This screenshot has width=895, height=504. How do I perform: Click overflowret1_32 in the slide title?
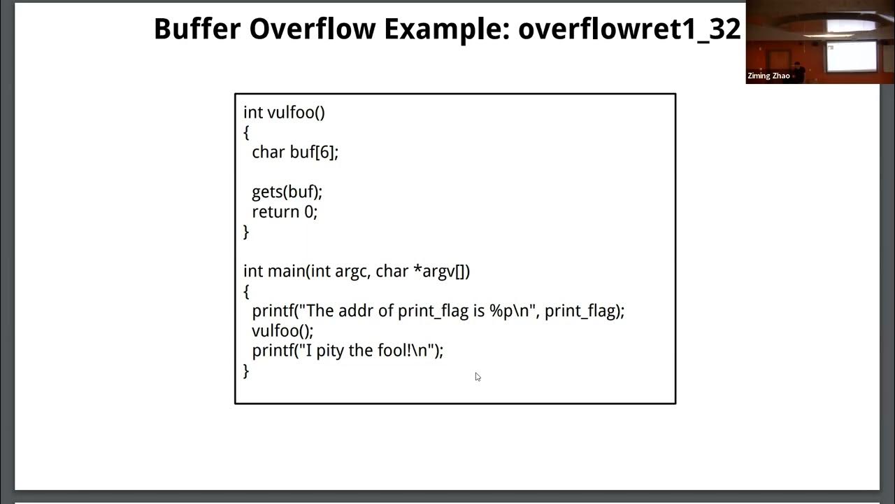pyautogui.click(x=629, y=29)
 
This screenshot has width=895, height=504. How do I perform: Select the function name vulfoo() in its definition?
pyautogui.click(x=296, y=113)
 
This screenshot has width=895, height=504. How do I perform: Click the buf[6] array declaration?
pyautogui.click(x=313, y=152)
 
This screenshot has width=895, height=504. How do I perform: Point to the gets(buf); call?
pyautogui.click(x=287, y=192)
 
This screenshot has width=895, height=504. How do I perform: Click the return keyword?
pyautogui.click(x=275, y=211)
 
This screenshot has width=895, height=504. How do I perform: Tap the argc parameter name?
pyautogui.click(x=351, y=271)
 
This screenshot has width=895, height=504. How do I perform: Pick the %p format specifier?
pyautogui.click(x=501, y=311)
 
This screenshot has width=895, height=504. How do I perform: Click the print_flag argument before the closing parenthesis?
pyautogui.click(x=580, y=311)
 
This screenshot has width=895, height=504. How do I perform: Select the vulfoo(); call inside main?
pyautogui.click(x=282, y=330)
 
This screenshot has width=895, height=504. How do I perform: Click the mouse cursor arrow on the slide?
pyautogui.click(x=478, y=377)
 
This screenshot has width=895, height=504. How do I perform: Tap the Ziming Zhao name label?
pyautogui.click(x=768, y=76)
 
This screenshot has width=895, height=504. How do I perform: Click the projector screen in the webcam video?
pyautogui.click(x=851, y=56)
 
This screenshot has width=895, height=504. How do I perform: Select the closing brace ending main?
pyautogui.click(x=246, y=371)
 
